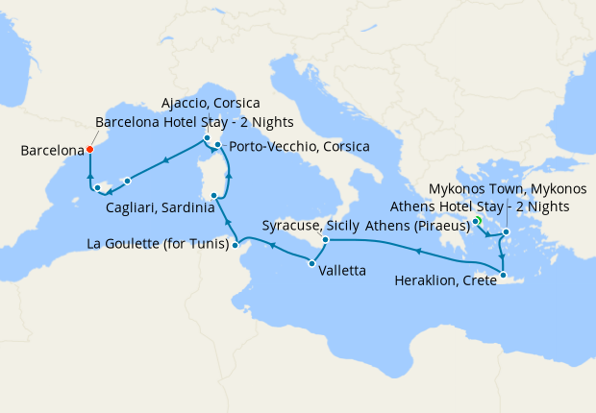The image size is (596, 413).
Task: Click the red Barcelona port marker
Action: coord(88,149)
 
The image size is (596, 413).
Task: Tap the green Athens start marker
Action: coord(477,222)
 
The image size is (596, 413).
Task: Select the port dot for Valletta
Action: coord(311,262)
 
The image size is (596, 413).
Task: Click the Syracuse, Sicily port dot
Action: coord(326,239)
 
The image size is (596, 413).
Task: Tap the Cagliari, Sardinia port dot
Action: coord(213,195)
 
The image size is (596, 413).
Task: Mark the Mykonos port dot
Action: coord(506,231)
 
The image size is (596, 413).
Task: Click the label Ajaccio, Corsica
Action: coord(210,103)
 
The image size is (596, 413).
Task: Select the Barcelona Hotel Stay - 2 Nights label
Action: coord(194,122)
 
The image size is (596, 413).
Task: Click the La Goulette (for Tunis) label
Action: coord(157,244)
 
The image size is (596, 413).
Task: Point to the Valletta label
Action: coord(342,271)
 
